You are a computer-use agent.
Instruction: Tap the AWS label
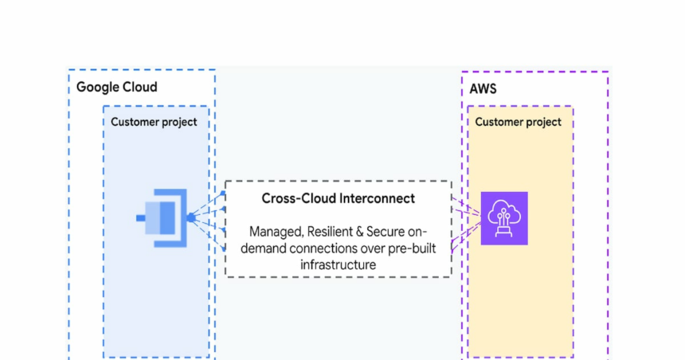click(x=483, y=88)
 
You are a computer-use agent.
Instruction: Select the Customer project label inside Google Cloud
click(x=154, y=122)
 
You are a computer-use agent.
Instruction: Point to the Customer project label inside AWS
click(x=518, y=122)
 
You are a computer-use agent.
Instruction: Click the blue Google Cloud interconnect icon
click(x=164, y=217)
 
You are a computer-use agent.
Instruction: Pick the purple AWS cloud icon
click(x=504, y=217)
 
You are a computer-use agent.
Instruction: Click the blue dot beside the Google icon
click(x=191, y=217)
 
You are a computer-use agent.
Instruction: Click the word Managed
click(x=274, y=232)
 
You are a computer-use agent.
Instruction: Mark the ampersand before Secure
click(x=360, y=232)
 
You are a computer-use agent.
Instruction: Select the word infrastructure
click(x=339, y=264)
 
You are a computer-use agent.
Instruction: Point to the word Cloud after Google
click(x=139, y=88)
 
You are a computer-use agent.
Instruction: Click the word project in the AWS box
click(x=543, y=122)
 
